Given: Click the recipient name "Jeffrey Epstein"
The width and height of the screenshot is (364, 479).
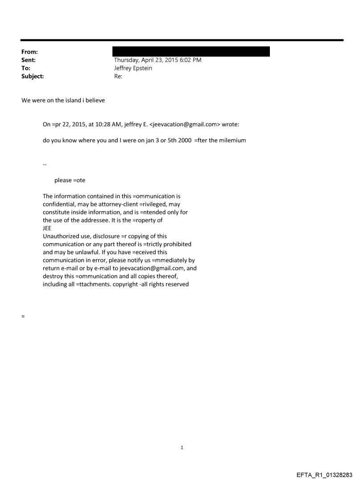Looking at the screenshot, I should (x=133, y=68).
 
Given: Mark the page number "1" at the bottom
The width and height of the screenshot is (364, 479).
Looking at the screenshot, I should (x=182, y=447).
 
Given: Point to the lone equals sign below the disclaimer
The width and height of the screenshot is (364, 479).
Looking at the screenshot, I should (x=23, y=316).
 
